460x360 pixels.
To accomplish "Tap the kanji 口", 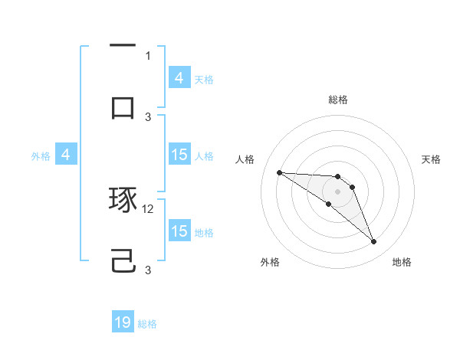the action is click(x=123, y=107).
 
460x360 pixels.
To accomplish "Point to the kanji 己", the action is click(x=123, y=262).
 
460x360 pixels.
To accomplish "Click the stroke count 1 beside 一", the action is click(x=148, y=55).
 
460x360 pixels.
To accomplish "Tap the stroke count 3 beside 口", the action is click(x=148, y=116).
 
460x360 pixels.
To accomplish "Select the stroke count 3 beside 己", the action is click(x=148, y=270).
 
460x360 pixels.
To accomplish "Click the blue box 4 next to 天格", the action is click(x=179, y=77).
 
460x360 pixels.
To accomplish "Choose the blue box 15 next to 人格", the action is click(x=179, y=155).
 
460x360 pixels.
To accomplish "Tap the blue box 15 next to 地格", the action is click(x=179, y=231).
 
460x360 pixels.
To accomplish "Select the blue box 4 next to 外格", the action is click(x=65, y=155).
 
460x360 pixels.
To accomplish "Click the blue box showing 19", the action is click(x=123, y=322).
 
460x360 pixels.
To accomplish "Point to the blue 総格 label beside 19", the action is click(x=147, y=324).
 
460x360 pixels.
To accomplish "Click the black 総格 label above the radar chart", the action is click(x=338, y=100).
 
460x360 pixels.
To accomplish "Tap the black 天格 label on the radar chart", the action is click(x=432, y=159).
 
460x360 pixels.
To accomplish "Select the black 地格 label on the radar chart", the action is click(x=402, y=262).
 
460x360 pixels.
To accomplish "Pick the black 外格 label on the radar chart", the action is click(x=269, y=262).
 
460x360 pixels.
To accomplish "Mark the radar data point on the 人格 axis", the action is click(x=279, y=172).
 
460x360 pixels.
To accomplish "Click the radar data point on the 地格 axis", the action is click(x=374, y=242).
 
